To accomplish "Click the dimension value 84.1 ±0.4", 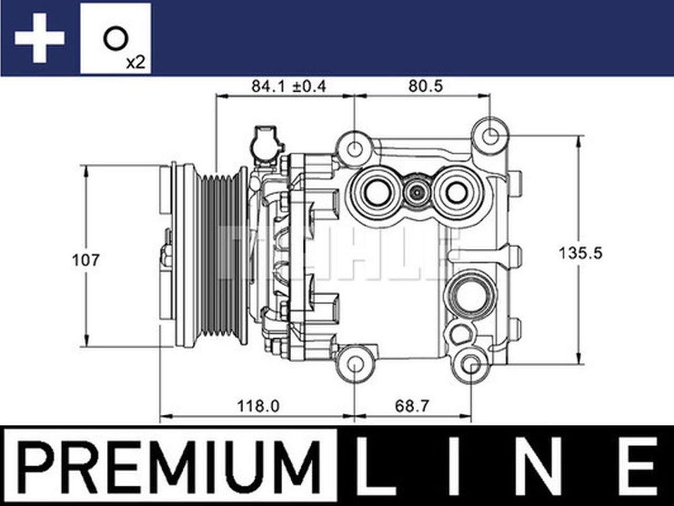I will tap(288, 86).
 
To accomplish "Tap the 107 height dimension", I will tap(85, 259).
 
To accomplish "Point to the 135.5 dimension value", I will tap(580, 253).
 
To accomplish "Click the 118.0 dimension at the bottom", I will tap(258, 406).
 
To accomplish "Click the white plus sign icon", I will tap(39, 38).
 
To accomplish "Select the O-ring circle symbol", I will tap(114, 39).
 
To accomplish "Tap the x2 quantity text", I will tap(135, 63).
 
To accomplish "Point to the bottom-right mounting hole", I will tap(472, 364).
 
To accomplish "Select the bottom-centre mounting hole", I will tap(355, 364).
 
